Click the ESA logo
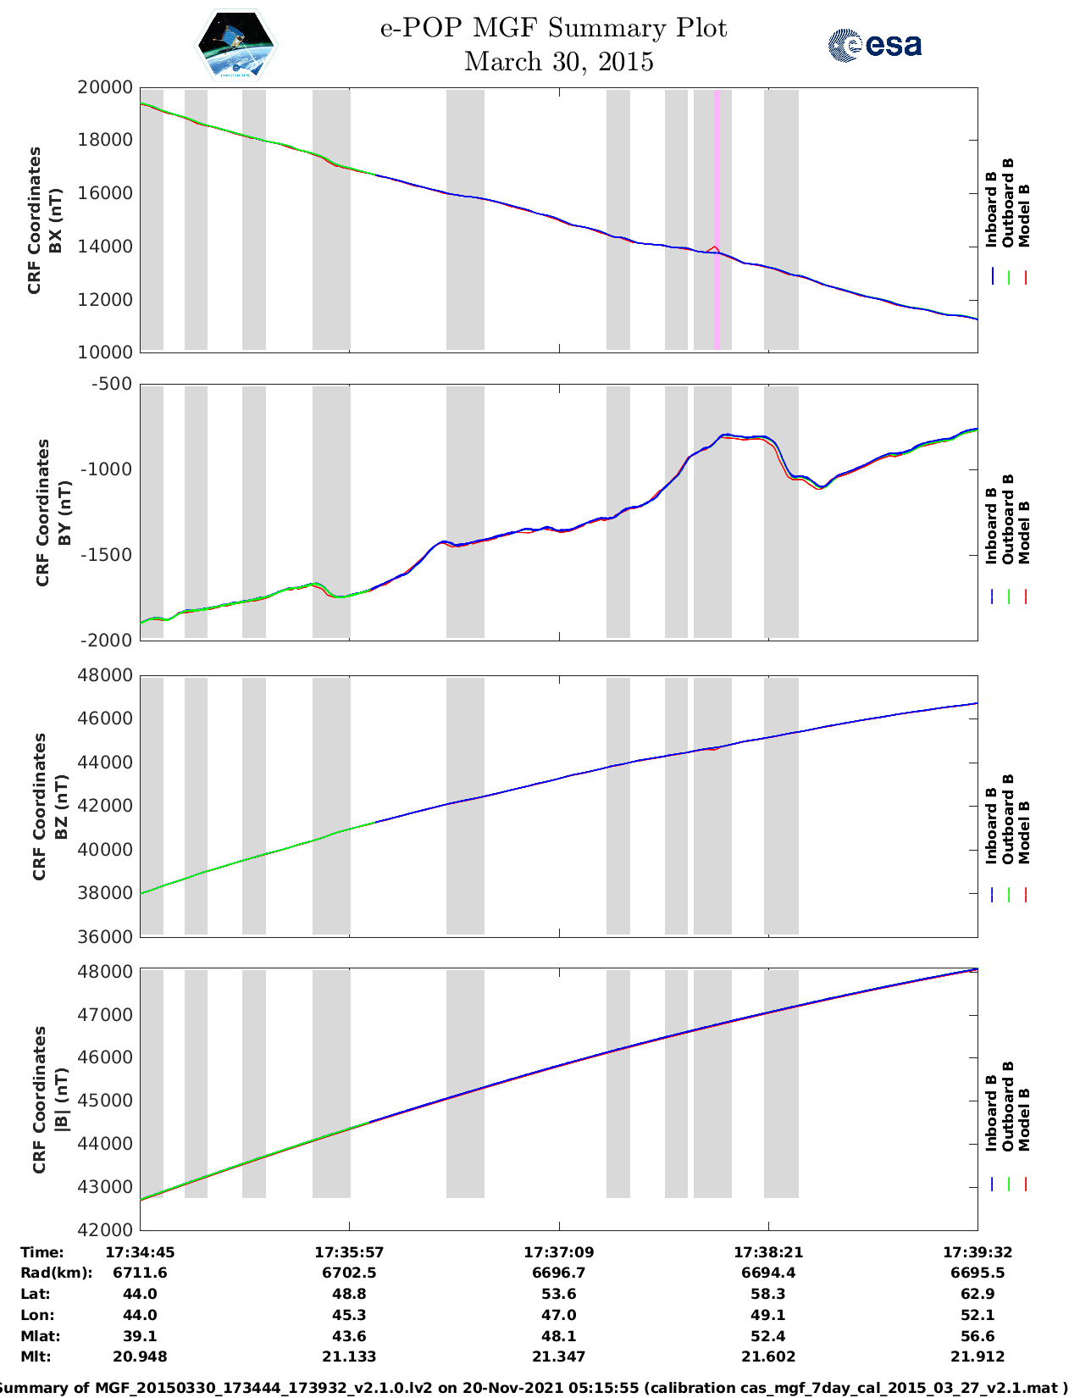pos(874,45)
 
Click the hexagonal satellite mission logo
pos(236,45)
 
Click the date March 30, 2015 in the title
pos(558,62)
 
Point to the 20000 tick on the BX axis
pos(105,87)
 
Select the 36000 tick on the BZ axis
pos(105,936)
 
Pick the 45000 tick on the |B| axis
pos(105,1101)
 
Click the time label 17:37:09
pos(558,1252)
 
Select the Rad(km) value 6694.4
pos(767,1273)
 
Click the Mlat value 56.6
pos(977,1336)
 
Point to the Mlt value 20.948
pos(140,1356)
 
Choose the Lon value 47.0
pos(558,1315)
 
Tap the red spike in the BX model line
pos(716,247)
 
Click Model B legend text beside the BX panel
pos(1024,215)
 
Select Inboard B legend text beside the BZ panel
pos(991,826)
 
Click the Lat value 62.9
pos(977,1294)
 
